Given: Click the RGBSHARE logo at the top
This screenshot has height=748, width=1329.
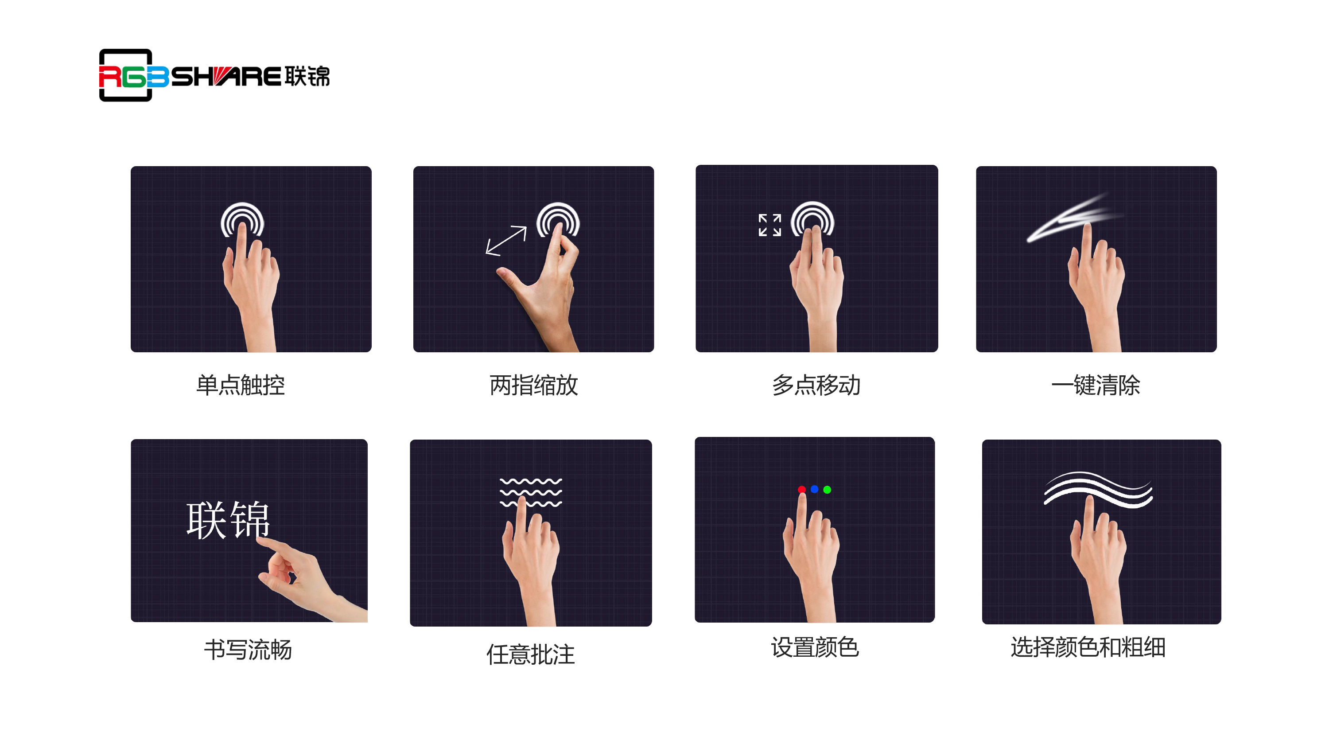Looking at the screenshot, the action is tap(214, 75).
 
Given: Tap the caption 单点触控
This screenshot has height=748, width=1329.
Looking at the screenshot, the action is tap(241, 385).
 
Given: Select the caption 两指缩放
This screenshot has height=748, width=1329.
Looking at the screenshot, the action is tap(533, 385).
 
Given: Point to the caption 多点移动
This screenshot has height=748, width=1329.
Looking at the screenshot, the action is tap(816, 385).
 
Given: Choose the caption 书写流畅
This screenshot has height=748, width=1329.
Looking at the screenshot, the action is tap(248, 649).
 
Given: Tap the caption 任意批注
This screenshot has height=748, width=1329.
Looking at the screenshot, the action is tap(531, 654).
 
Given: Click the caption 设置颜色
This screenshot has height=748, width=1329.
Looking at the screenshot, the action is tap(815, 647).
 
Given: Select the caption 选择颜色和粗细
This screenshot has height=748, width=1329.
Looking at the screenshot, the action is tap(1088, 647).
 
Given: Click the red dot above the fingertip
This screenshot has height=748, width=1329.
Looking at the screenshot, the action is tap(802, 489).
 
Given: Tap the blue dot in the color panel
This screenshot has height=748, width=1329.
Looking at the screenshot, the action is tap(815, 489).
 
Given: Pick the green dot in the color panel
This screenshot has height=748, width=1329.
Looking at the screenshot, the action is tap(828, 489).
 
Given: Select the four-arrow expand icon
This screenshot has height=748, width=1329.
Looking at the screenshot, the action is tap(770, 225).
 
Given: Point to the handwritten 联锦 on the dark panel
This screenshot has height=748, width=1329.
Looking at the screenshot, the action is tap(228, 520).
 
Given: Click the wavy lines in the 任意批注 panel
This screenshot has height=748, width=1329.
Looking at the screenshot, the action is tap(531, 492).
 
